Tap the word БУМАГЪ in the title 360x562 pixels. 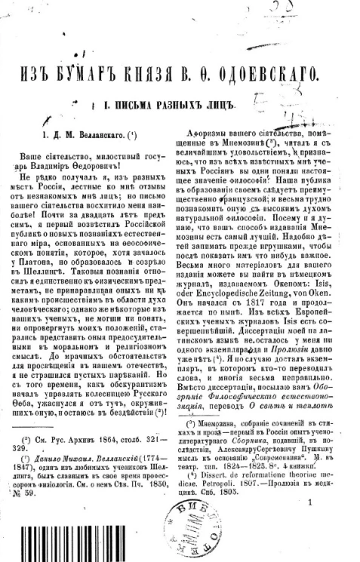tap(116, 76)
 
